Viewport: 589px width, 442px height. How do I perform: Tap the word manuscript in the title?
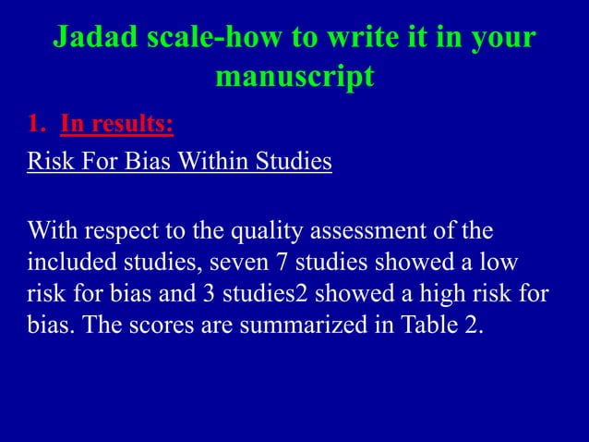294,77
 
